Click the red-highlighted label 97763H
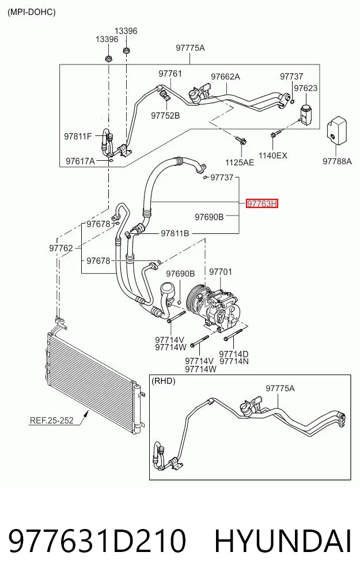point(262,203)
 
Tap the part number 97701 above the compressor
point(221,272)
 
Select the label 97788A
point(337,161)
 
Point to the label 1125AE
point(240,162)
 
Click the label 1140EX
point(273,156)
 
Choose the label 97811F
point(78,137)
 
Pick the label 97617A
point(80,161)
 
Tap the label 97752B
point(165,116)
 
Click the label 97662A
point(225,77)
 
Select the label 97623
point(305,88)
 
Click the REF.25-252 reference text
point(51,421)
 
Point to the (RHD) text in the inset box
point(163,381)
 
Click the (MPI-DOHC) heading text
point(31,12)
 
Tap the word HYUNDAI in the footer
point(283,540)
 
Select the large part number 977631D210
point(97,540)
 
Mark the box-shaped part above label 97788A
point(337,130)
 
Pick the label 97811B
point(175,233)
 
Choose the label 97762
point(61,248)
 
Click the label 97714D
point(234,354)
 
